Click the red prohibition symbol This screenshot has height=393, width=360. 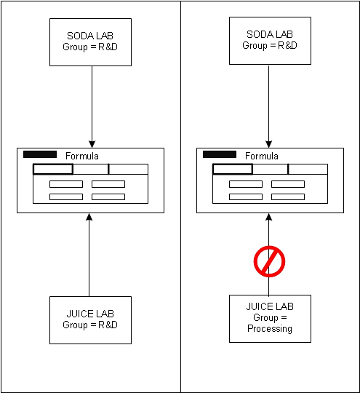coord(269,262)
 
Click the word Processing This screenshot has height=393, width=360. coord(270,328)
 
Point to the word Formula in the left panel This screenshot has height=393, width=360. coord(82,156)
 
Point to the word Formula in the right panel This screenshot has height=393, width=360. coord(262,156)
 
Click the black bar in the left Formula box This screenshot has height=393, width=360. coord(40,154)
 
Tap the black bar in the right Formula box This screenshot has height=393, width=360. coord(220,154)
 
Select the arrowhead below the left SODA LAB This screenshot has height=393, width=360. coord(92,144)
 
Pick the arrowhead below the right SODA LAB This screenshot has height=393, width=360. coord(269,144)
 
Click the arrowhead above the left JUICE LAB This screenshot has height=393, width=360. coord(89,217)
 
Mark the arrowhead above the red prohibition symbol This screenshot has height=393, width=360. coord(269,217)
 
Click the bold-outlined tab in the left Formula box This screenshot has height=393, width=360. coord(53,169)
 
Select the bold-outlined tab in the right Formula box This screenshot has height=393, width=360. coord(233,169)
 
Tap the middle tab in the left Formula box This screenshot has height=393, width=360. coord(91,169)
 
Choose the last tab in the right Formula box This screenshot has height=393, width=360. coord(308,169)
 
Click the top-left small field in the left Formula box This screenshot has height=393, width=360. coord(66,184)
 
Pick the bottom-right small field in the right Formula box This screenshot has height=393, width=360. coord(288,196)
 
